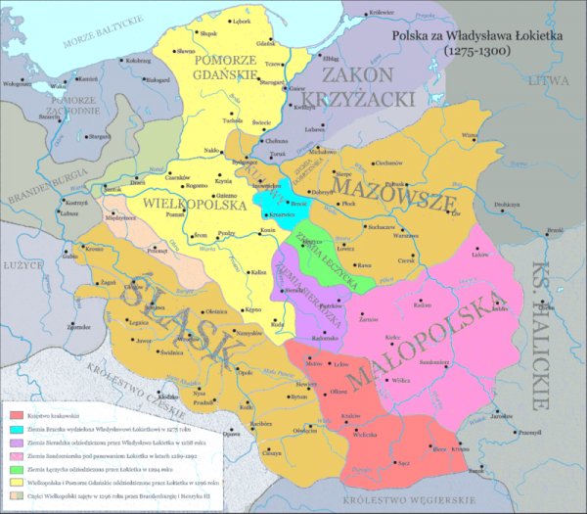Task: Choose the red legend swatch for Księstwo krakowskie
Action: tap(16, 417)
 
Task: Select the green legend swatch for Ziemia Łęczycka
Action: tap(16, 470)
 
